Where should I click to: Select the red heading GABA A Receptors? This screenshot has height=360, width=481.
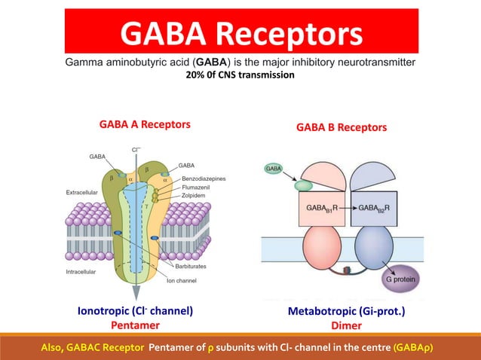pos(145,124)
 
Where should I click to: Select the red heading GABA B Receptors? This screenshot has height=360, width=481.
pos(342,127)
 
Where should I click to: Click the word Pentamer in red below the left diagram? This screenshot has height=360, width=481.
pos(136,325)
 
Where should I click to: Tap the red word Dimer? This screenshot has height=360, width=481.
pos(346,325)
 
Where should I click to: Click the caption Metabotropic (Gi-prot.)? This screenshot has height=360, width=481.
pos(346,310)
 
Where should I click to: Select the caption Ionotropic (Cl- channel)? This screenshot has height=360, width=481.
pos(136,310)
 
